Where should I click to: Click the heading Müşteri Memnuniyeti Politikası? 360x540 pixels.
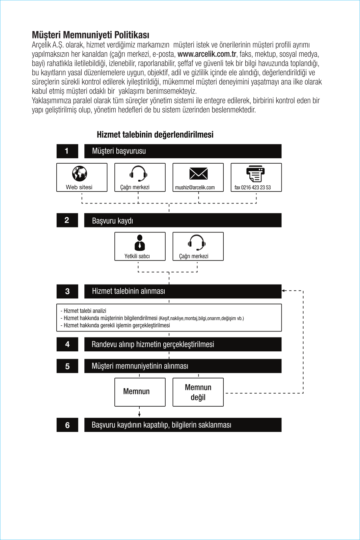tap(90, 35)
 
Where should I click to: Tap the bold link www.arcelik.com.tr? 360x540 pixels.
tap(207, 54)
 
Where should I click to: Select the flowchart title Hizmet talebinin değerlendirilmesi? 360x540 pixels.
tap(155, 135)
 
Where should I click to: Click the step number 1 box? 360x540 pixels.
tap(67, 151)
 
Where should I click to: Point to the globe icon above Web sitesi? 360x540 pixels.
tap(80, 173)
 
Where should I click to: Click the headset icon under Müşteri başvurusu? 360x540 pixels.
tap(138, 173)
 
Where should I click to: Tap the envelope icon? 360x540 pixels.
tap(198, 173)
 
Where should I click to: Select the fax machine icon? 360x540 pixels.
tap(255, 173)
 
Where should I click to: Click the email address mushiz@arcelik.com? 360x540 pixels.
tap(195, 188)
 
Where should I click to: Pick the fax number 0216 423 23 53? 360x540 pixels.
tap(253, 188)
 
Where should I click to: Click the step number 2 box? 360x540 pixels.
tap(67, 220)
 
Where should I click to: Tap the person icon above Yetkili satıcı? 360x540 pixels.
tap(140, 242)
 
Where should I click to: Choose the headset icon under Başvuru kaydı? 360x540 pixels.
tap(197, 242)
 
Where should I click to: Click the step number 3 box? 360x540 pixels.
tap(67, 291)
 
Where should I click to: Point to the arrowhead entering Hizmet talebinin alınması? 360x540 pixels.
tap(284, 291)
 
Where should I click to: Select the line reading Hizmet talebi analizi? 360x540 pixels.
tap(85, 311)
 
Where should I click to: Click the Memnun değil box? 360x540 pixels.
tap(198, 392)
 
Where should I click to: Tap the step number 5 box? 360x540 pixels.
tap(67, 366)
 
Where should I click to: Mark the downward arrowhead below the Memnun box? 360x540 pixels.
tap(139, 414)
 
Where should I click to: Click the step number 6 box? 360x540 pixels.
tap(67, 425)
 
